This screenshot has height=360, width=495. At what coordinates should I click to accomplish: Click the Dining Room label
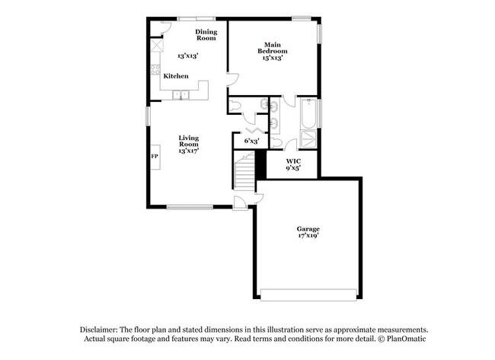(206, 34)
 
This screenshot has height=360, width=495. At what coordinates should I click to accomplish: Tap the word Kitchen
(176, 76)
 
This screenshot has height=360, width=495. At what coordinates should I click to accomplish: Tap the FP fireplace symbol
(155, 156)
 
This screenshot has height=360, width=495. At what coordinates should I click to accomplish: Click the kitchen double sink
(181, 94)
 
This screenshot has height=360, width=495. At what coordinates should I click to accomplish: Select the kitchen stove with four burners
(155, 74)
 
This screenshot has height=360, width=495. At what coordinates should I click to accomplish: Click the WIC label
(293, 161)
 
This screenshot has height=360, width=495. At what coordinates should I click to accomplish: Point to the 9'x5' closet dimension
(293, 168)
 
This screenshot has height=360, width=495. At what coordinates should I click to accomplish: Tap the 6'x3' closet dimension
(251, 141)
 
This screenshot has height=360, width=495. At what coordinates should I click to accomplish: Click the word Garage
(308, 228)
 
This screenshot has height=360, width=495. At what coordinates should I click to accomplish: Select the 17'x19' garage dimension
(308, 236)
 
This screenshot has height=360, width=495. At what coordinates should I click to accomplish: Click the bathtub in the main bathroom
(308, 114)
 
